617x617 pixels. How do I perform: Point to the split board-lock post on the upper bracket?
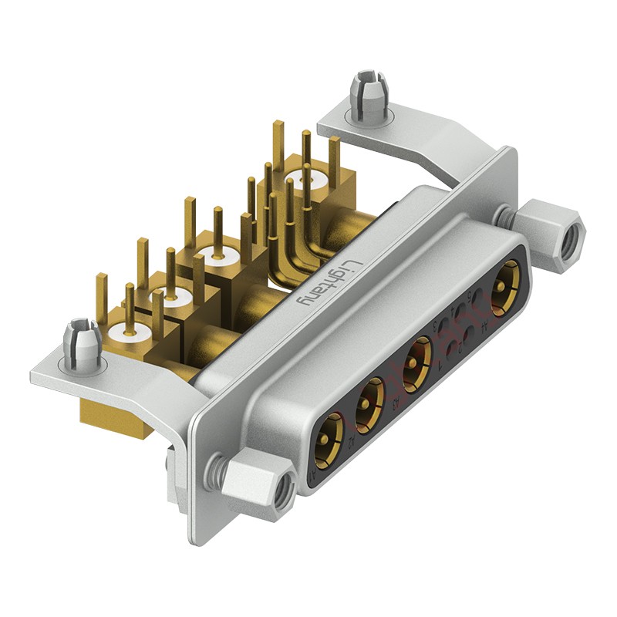pyautogui.click(x=368, y=94)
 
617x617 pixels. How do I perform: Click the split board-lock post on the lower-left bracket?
pyautogui.click(x=80, y=344)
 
